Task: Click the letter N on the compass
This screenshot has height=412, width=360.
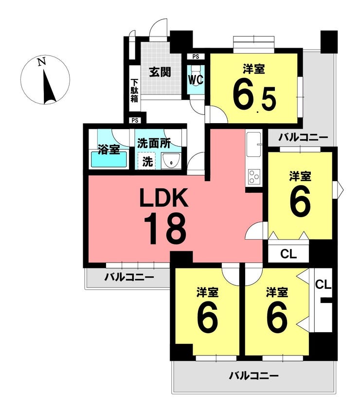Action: click(x=41, y=62)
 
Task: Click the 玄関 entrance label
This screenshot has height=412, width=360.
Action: click(x=160, y=72)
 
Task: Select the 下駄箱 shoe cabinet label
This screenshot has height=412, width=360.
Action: click(x=134, y=91)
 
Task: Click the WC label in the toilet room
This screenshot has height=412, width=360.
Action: click(x=196, y=80)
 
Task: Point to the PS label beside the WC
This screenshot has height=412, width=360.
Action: click(x=196, y=56)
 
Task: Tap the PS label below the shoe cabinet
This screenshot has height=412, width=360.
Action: click(x=135, y=121)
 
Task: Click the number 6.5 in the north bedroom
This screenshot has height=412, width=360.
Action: click(x=254, y=94)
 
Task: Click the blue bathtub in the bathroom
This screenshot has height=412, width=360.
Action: click(x=109, y=160)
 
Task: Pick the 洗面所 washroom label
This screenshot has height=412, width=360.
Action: click(x=154, y=144)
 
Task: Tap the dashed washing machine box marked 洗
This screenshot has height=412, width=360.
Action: click(x=147, y=161)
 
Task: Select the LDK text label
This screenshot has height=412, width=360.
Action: click(x=164, y=197)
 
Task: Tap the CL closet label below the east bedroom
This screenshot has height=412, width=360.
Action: click(x=288, y=254)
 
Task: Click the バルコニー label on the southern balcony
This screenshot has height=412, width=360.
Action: click(x=254, y=376)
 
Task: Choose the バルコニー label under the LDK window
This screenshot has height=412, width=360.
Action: click(x=129, y=277)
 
